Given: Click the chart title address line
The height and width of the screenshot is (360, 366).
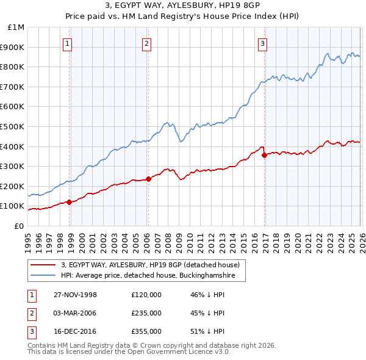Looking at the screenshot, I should [183, 6].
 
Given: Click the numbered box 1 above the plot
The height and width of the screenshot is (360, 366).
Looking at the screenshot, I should [66, 43].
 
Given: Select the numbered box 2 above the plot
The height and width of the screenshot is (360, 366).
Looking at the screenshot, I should [147, 43].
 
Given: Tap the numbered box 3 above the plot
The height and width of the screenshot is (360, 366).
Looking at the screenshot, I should [262, 43].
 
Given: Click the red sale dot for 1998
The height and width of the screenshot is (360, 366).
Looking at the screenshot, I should [70, 202].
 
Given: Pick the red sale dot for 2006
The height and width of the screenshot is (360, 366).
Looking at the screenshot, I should [148, 179].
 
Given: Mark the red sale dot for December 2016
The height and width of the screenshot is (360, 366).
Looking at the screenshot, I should [264, 155].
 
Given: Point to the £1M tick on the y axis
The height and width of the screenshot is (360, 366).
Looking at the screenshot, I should [16, 27].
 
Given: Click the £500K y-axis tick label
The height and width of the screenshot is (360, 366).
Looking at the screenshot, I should [13, 126].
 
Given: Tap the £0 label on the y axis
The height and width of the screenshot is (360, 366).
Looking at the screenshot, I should [18, 226].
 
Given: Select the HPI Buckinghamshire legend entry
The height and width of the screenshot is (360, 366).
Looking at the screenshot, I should [152, 276].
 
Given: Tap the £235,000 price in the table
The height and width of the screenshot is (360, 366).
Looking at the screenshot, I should [146, 313].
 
